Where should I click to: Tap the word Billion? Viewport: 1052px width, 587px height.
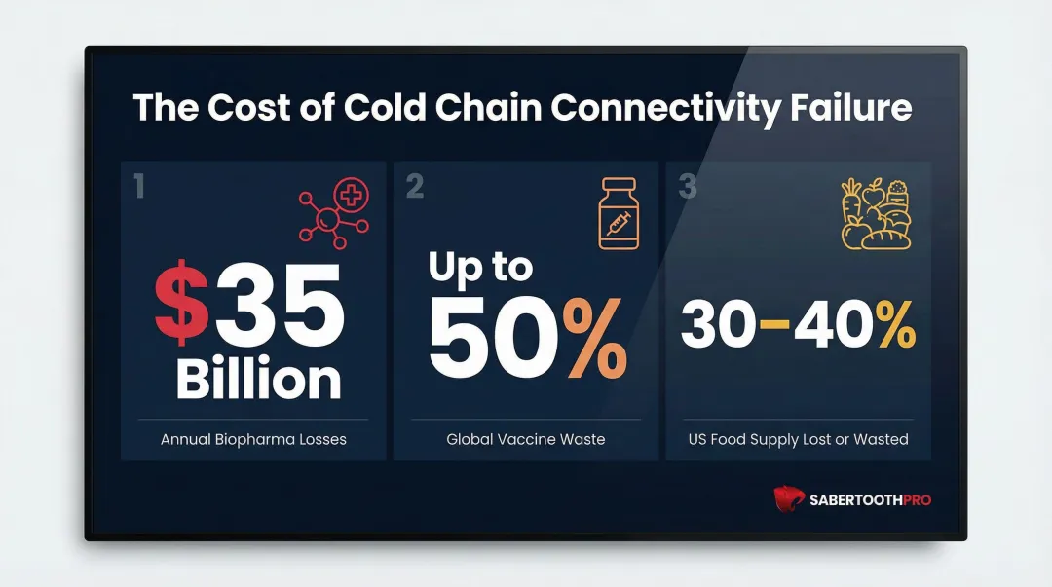pos(258,379)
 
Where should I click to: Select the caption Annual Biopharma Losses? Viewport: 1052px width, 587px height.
pos(253,439)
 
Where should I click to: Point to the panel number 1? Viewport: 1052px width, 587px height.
pos(139,185)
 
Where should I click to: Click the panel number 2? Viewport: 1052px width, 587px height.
pos(414,185)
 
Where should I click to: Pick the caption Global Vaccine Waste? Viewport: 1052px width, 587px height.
pos(525,439)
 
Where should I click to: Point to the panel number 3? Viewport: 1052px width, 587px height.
pos(688,185)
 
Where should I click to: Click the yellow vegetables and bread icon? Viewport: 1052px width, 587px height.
pos(875,213)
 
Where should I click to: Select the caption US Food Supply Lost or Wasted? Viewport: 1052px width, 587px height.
pos(798,439)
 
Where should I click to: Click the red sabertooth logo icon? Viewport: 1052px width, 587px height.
pos(789,499)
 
